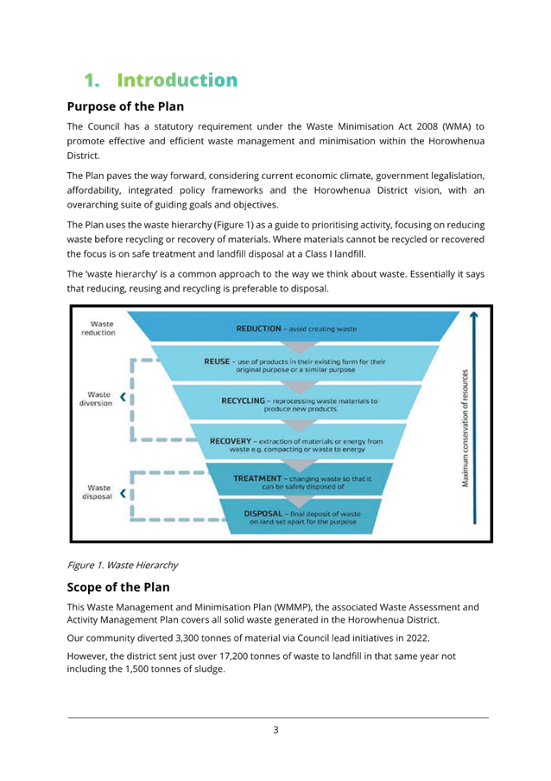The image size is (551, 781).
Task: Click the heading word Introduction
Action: pos(177,80)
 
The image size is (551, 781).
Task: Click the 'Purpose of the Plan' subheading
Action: pos(125,106)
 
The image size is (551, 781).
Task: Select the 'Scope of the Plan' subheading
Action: pos(118,587)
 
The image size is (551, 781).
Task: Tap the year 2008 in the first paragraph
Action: pos(427,126)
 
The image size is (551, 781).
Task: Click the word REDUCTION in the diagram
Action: pos(258,329)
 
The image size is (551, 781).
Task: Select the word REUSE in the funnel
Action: pos(217,362)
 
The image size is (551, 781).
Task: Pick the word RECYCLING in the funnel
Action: pos(244,400)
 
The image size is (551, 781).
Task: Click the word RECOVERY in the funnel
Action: pos(231,441)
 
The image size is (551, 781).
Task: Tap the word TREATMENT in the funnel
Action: pos(257,478)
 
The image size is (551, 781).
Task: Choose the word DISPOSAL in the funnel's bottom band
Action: pos(263,514)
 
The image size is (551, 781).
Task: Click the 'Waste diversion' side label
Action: pos(96,399)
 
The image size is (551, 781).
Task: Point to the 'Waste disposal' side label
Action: pos(98,492)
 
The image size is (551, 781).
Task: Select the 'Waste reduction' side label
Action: pos(98,329)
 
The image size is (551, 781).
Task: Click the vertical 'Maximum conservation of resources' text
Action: pos(465,428)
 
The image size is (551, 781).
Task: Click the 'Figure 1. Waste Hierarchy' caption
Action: pos(123,566)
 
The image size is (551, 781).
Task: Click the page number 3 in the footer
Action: pos(275,730)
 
